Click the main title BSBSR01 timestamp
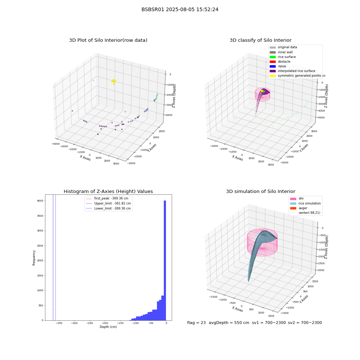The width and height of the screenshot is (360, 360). [180, 9]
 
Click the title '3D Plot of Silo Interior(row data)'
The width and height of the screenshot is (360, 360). [108, 40]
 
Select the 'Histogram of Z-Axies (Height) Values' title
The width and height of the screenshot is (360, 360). [108, 191]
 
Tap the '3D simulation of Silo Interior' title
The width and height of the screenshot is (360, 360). [261, 191]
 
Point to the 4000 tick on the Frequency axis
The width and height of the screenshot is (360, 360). [40, 201]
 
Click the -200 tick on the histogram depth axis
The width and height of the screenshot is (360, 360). [105, 323]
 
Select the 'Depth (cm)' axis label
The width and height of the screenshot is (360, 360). [108, 327]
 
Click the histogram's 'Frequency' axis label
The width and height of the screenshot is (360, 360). [34, 258]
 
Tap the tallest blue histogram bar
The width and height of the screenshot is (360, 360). [165, 260]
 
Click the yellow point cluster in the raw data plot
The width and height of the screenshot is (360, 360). [114, 81]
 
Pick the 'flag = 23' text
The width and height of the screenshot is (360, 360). [196, 323]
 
